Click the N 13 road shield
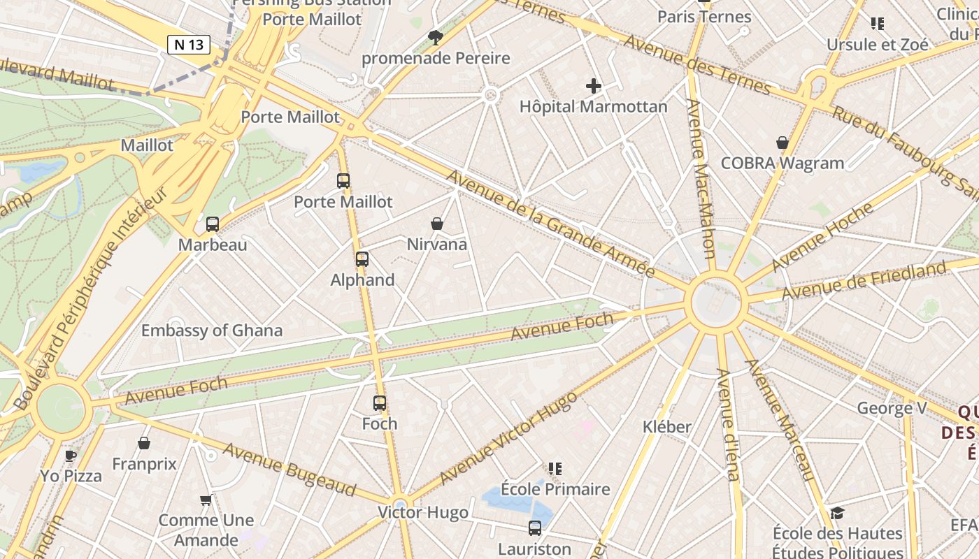pos(189,45)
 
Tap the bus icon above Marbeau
pos(213,224)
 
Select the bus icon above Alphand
pos(362,259)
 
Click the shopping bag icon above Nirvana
pos(437,224)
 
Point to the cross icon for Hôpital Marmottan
pos(594,86)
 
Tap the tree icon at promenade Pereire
pos(436,37)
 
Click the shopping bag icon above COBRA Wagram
pos(783,143)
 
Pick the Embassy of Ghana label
pos(212,331)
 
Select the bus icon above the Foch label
pos(380,403)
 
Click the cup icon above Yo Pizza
pos(71,456)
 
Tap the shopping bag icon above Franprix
pos(144,443)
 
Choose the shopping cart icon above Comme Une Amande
pos(206,500)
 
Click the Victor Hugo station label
pos(423,512)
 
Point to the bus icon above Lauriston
pos(535,528)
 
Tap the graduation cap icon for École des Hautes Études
pos(837,514)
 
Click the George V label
pos(886,408)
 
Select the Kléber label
pos(667,426)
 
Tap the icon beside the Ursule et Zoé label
pos(878,24)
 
